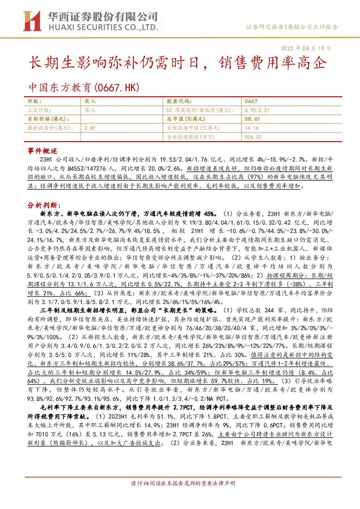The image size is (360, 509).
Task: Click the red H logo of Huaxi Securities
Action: pos(32,21)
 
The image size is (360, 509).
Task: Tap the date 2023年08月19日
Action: pos(306,49)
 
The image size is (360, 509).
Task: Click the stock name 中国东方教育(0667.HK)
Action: pos(84,88)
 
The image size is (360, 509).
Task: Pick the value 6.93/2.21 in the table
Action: pos(257,110)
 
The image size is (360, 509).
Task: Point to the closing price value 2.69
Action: pos(90,128)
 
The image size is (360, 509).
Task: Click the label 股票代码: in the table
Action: pos(179,101)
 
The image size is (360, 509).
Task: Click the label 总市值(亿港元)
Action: pos(186,119)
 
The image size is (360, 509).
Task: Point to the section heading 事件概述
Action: pos(42,151)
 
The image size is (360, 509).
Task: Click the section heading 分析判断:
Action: pos(44,206)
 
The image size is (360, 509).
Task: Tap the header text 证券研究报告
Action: pos(265,27)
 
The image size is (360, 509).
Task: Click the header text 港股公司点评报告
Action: pos(313,27)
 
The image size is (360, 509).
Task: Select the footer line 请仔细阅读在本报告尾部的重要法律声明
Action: pos(183,483)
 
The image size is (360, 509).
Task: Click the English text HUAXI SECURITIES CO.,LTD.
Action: pos(103,28)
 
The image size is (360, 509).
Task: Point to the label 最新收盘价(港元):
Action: pos(50,128)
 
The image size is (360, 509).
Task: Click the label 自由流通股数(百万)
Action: pos(191,137)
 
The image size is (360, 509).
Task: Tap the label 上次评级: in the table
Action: pos(39,110)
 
